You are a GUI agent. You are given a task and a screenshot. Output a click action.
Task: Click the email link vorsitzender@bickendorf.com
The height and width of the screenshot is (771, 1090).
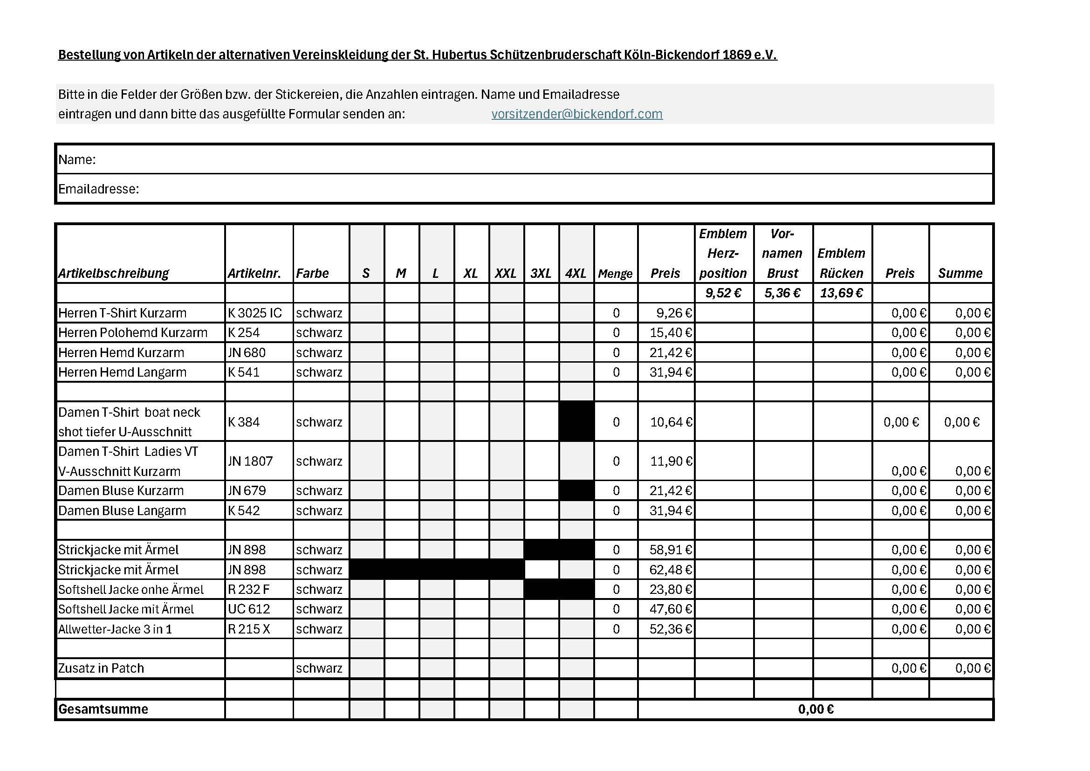[577, 114]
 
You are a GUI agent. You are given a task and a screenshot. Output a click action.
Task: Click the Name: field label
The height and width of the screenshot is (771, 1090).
[77, 159]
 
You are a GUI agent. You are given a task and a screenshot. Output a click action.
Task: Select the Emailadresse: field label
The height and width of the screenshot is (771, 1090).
[99, 189]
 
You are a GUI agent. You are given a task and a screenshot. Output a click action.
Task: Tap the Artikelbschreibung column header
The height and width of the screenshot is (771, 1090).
[113, 273]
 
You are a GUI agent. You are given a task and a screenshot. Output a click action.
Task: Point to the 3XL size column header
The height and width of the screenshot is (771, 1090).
[541, 273]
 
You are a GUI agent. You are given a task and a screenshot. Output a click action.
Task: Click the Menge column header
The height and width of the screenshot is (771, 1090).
[615, 274]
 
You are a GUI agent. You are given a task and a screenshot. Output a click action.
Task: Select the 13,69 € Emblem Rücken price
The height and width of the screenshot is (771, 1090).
[841, 293]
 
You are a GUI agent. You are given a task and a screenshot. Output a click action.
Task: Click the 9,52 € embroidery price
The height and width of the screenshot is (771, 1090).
[723, 293]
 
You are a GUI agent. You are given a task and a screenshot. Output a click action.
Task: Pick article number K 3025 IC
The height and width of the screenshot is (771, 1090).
[254, 313]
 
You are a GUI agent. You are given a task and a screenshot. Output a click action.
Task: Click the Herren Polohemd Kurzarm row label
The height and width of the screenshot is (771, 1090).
[133, 332]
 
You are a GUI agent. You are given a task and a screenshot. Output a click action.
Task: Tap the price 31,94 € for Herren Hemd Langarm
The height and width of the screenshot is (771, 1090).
[670, 372]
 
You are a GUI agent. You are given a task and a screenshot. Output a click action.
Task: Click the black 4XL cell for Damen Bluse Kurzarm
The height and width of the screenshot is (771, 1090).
[576, 490]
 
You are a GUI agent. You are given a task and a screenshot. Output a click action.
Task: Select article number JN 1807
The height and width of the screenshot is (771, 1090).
[250, 461]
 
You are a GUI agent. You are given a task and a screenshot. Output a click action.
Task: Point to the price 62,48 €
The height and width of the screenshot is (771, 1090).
[670, 570]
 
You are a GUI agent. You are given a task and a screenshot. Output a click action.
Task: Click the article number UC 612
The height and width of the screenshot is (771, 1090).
[249, 609]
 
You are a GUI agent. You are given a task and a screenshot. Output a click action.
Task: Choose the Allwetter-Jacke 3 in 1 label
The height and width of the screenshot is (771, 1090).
[115, 629]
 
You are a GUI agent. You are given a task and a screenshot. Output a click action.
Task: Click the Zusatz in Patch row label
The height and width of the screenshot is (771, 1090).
[101, 668]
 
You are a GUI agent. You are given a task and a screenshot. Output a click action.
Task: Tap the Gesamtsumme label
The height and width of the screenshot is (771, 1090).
[103, 709]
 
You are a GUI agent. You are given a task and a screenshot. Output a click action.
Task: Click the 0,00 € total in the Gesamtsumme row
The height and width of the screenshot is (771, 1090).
[816, 709]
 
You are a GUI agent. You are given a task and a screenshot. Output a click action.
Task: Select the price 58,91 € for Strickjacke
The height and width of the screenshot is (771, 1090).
[670, 550]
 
